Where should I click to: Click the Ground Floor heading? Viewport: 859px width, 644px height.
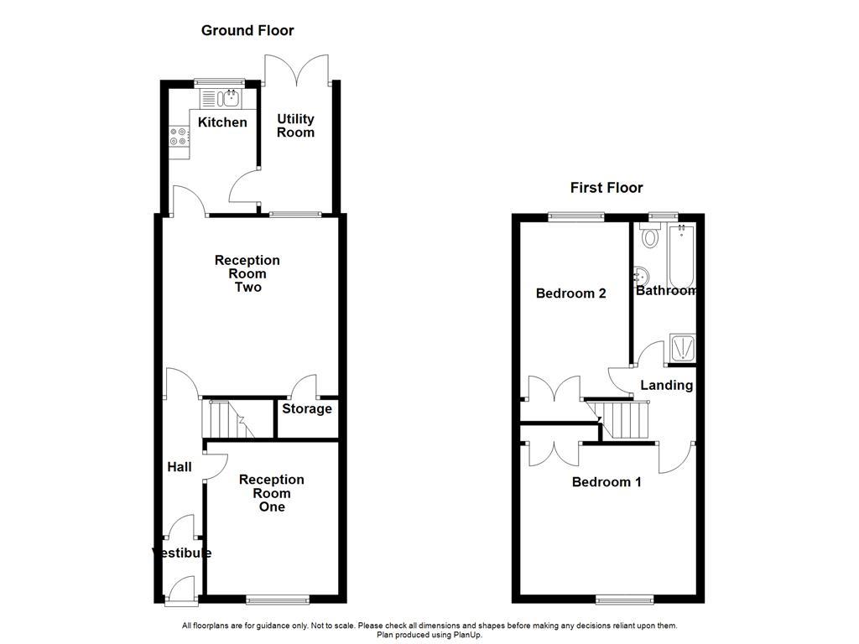pyautogui.click(x=247, y=31)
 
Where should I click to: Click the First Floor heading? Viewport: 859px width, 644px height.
pyautogui.click(x=607, y=188)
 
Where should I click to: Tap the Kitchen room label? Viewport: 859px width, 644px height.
pyautogui.click(x=222, y=122)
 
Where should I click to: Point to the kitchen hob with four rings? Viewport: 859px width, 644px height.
pyautogui.click(x=178, y=137)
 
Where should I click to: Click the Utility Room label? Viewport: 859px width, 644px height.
pyautogui.click(x=295, y=126)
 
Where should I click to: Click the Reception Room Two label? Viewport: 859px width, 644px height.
pyautogui.click(x=247, y=273)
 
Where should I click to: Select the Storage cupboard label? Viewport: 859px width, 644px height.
pyautogui.click(x=306, y=409)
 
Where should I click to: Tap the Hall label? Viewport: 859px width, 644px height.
pyautogui.click(x=179, y=467)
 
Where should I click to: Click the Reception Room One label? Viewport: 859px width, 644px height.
pyautogui.click(x=272, y=493)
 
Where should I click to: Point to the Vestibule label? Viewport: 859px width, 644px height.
pyautogui.click(x=181, y=553)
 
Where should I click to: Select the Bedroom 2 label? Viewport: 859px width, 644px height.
pyautogui.click(x=570, y=293)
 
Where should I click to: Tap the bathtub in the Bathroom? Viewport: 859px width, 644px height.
pyautogui.click(x=680, y=256)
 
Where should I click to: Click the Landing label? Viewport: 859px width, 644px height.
pyautogui.click(x=666, y=386)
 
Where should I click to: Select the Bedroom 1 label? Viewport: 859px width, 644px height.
pyautogui.click(x=607, y=482)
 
